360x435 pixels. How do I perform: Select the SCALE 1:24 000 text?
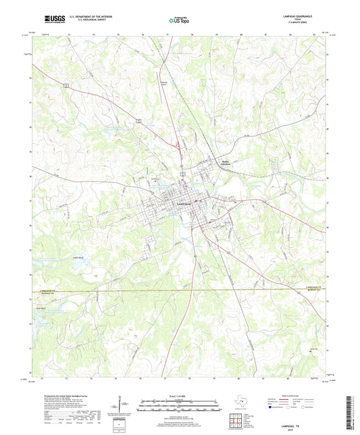point(180,396)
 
